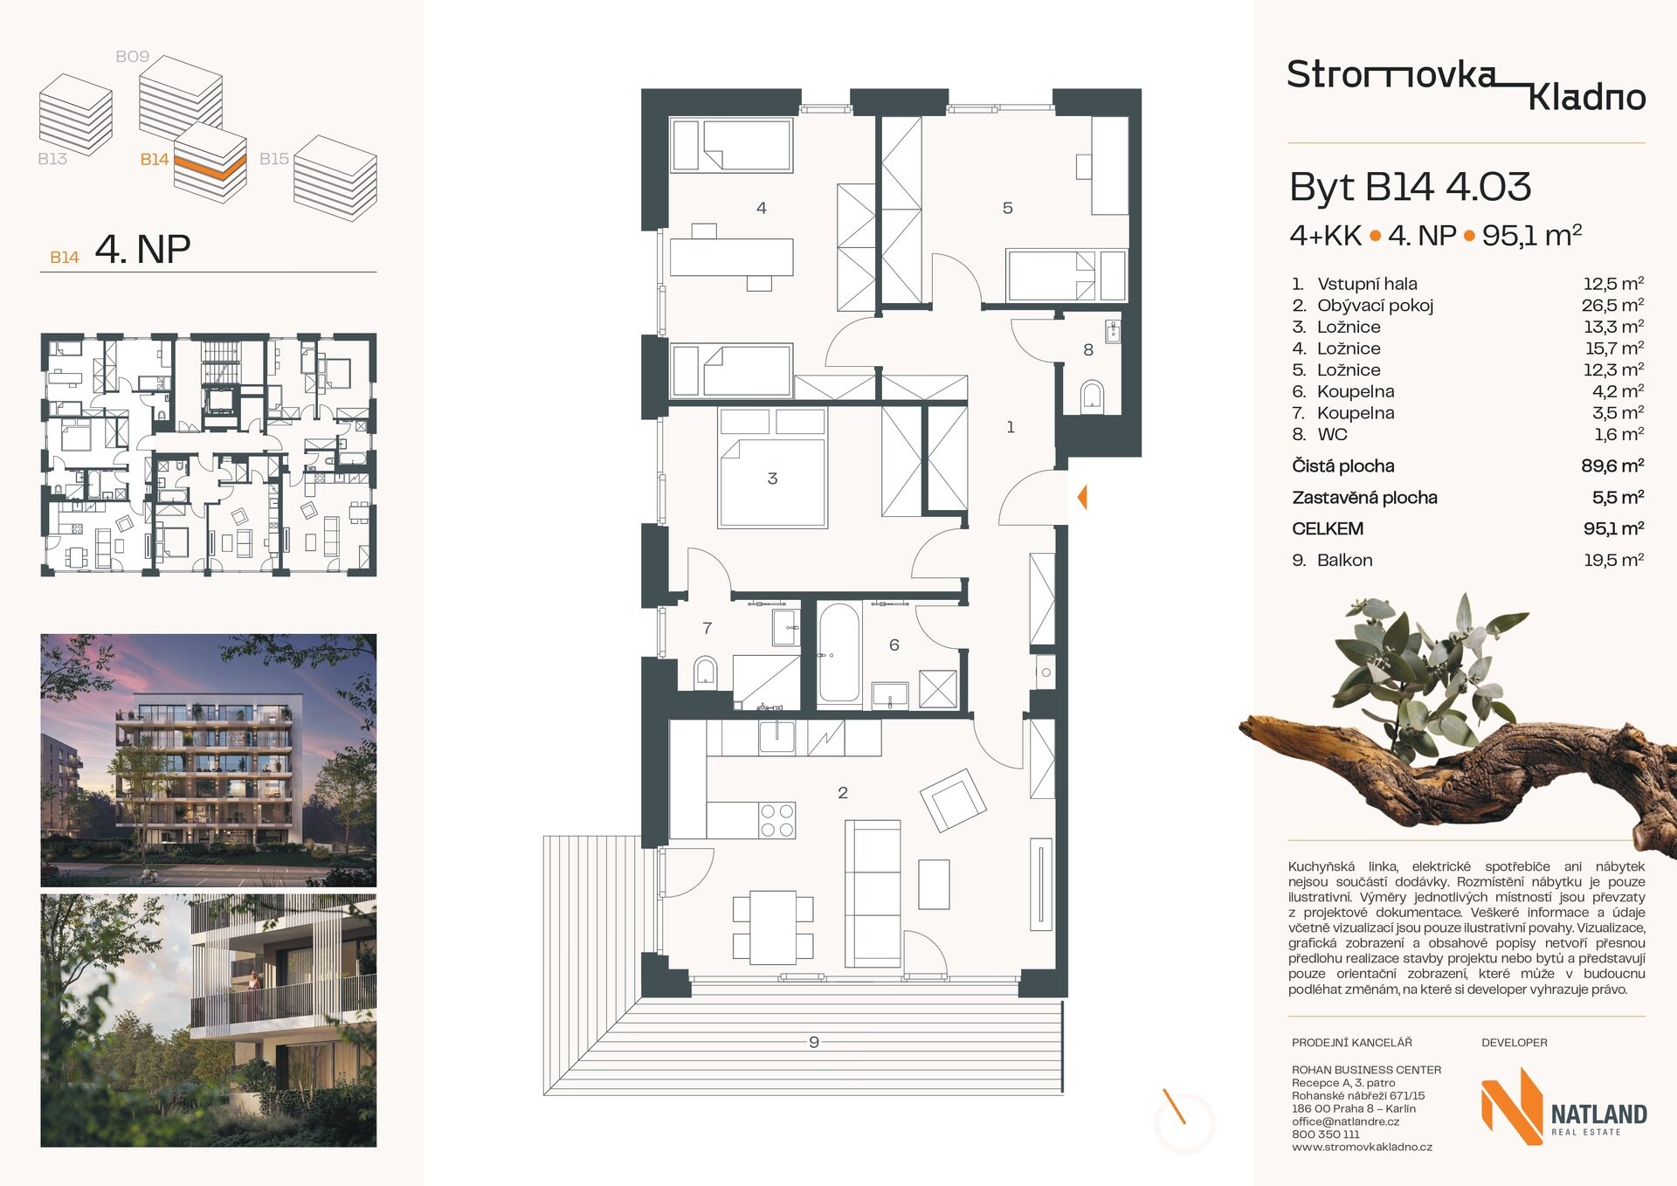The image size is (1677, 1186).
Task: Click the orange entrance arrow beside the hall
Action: pos(1082,498)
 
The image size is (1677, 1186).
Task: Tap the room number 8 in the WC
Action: pos(1087,350)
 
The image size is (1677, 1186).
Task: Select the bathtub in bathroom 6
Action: pos(838,652)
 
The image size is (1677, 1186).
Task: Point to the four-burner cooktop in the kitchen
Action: pos(776,820)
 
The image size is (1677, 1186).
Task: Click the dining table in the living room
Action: pos(773,927)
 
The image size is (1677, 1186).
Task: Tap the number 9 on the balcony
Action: pos(814,1042)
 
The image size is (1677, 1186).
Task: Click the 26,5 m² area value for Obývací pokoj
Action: pos(1612,305)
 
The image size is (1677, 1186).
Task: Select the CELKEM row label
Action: pos(1328,528)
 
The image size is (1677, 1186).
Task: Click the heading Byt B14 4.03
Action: pos(1410,187)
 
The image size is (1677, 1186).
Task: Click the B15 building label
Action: pos(274,159)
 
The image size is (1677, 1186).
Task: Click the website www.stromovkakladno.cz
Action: pos(1362,1147)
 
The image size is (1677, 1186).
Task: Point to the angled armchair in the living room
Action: pos(953,800)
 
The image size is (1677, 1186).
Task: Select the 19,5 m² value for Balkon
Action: pos(1613,560)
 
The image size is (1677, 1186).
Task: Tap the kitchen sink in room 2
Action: pos(776,737)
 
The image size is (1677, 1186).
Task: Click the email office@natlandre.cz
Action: pos(1345,1121)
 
